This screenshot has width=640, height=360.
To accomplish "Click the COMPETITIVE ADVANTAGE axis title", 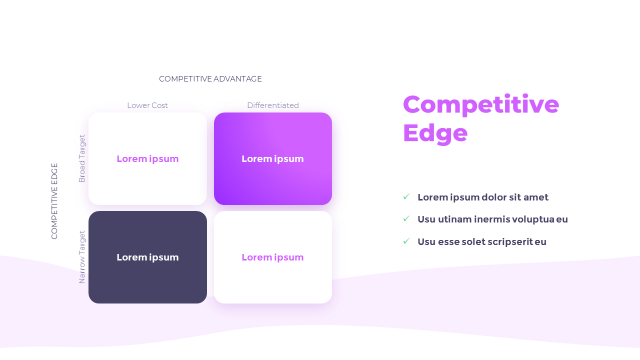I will [210, 79].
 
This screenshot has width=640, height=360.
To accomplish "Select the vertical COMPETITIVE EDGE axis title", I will [54, 201].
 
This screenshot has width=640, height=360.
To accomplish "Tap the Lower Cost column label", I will [147, 105].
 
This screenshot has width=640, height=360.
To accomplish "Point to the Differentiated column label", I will [273, 105].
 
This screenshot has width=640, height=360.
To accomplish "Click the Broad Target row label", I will [82, 158].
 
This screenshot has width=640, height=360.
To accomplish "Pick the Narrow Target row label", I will [82, 257].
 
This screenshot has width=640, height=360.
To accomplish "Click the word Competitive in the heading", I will [480, 104].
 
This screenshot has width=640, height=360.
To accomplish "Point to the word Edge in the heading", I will [435, 133].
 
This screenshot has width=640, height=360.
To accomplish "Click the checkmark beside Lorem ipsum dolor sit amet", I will [406, 197].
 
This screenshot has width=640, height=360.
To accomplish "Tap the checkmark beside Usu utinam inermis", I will [406, 219].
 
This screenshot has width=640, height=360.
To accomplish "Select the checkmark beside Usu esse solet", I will [406, 241].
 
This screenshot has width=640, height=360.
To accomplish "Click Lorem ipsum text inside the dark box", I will [147, 257].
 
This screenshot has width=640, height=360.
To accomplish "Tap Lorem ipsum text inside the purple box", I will [273, 159].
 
